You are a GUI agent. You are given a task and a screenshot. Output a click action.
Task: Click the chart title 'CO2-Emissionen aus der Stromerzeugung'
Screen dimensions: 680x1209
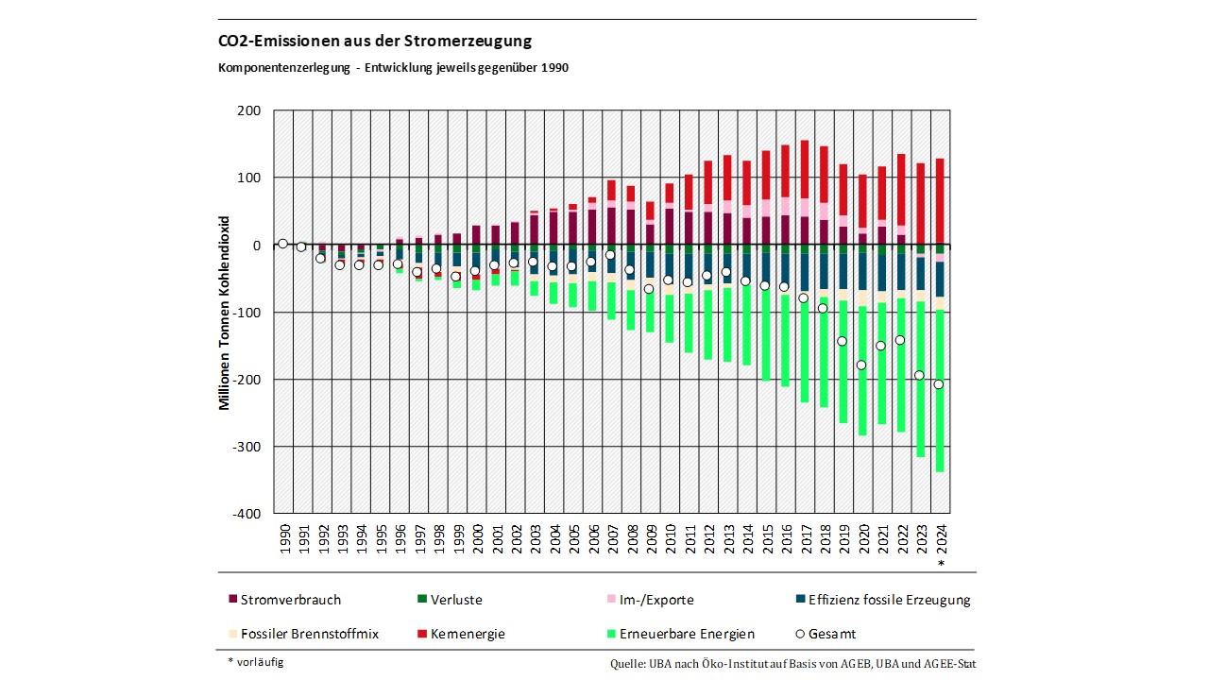(x=375, y=42)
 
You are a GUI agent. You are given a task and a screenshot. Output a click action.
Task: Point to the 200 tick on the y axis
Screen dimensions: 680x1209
(x=248, y=110)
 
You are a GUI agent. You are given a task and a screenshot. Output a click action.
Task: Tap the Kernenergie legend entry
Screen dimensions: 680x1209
(x=467, y=634)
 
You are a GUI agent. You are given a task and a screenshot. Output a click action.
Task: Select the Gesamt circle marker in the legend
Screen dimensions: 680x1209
(x=801, y=634)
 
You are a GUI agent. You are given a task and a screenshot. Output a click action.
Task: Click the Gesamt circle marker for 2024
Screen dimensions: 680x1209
(x=939, y=384)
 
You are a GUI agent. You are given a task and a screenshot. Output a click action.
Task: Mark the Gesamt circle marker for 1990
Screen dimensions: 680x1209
(x=282, y=244)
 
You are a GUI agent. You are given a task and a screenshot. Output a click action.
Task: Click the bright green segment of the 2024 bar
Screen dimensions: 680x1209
(x=940, y=397)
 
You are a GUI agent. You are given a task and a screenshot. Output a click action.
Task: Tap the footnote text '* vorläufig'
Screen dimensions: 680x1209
(x=255, y=662)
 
